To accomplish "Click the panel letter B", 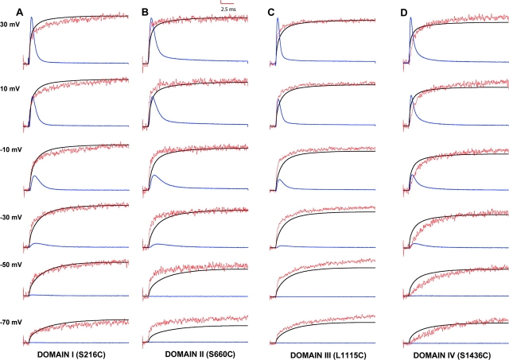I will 145,12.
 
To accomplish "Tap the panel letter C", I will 272,12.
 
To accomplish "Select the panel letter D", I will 404,12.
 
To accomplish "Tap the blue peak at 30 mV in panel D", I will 411,18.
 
